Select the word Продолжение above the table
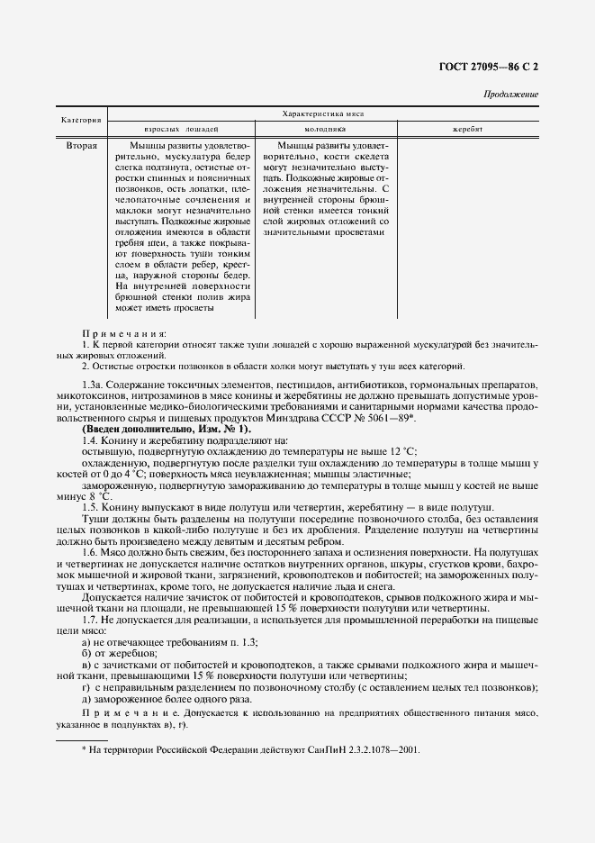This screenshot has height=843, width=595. coord(511,95)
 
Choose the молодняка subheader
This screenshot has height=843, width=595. coord(325,130)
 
